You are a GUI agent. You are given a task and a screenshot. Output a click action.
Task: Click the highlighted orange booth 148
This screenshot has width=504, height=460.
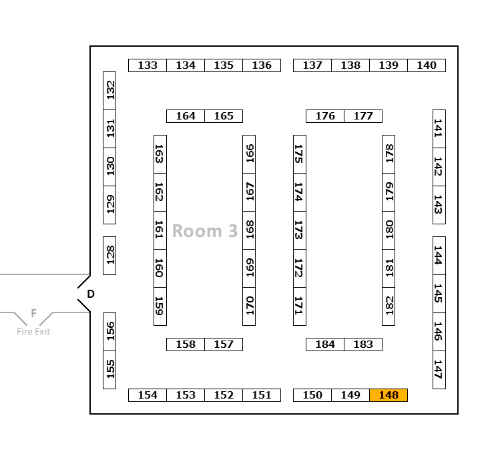tap(389, 395)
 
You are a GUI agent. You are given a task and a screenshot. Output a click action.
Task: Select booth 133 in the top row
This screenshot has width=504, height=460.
tap(148, 65)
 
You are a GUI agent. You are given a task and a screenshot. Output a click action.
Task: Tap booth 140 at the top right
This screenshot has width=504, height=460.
tap(427, 65)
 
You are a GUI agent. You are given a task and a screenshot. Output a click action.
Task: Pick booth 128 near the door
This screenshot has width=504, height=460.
tap(109, 255)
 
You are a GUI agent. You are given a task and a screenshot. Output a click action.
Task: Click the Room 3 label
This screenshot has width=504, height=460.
tap(205, 231)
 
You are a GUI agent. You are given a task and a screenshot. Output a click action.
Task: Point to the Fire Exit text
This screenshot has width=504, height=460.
tap(33, 331)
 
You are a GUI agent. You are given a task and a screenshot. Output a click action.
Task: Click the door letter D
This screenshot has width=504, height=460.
tap(91, 294)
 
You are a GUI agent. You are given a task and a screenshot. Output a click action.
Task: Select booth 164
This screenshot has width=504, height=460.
tap(186, 116)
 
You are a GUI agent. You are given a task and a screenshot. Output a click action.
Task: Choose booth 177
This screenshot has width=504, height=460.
tap(363, 116)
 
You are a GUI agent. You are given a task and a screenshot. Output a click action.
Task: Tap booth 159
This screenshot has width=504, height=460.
tap(160, 306)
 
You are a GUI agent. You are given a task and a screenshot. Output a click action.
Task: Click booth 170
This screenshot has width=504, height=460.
tap(249, 306)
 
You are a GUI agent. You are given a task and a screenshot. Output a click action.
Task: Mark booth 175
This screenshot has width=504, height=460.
tap(300, 154)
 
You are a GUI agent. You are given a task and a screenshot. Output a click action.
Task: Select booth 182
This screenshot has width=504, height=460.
tap(389, 306)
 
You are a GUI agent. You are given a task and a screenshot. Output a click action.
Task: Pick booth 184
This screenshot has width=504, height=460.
tap(325, 344)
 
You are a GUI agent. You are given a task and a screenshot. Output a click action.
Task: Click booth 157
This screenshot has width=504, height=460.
tap(224, 344)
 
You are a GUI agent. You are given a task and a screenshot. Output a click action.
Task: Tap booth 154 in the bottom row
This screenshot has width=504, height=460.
tap(148, 395)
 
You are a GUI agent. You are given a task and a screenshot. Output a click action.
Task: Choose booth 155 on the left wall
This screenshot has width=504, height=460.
tap(109, 369)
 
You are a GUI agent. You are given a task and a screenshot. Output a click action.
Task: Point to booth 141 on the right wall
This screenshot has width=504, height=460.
tap(439, 129)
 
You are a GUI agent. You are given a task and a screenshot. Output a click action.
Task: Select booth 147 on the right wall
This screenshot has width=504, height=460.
tap(439, 369)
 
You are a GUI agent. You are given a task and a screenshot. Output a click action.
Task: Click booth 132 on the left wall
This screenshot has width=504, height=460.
tap(109, 91)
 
